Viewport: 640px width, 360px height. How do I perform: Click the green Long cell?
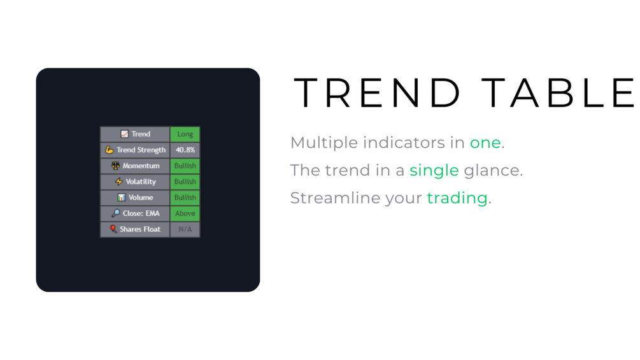tap(185, 134)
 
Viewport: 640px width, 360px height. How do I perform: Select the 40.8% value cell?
tap(185, 150)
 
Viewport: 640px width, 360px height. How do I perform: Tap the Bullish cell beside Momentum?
tap(185, 166)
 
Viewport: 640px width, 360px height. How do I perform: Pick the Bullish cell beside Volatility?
tap(185, 182)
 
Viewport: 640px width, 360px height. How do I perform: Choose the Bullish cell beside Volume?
tap(185, 198)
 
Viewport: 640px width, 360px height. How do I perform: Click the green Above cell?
tap(185, 213)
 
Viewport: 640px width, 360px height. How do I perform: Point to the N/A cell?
tap(185, 229)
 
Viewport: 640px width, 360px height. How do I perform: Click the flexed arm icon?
tap(109, 150)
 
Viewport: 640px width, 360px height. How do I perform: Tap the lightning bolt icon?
tap(119, 182)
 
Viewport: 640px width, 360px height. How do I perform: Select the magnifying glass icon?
tap(116, 213)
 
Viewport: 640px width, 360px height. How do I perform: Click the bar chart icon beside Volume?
tap(122, 198)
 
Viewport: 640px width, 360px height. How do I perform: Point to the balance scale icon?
tap(115, 166)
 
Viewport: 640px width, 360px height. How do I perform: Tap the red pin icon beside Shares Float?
tap(113, 229)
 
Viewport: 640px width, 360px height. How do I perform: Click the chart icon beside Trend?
tap(124, 134)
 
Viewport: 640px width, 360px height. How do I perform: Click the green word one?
tap(485, 143)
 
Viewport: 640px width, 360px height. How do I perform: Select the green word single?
tap(434, 170)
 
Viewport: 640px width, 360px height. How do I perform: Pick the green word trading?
tap(457, 198)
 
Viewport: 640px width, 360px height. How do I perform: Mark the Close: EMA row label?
tap(141, 213)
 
